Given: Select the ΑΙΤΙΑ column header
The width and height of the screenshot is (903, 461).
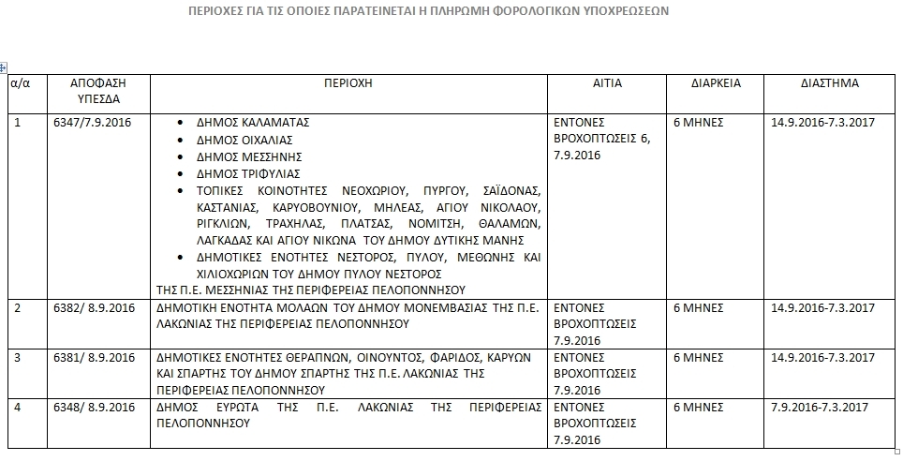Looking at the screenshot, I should tap(607, 83).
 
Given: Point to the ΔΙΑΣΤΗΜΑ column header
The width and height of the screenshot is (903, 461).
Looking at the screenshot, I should tap(829, 83).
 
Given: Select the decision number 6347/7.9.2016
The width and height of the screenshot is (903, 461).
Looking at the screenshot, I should tap(95, 123).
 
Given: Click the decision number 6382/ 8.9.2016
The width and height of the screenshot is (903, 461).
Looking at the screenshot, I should tap(96, 308).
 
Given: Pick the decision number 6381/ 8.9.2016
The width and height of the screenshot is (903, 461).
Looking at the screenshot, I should tap(96, 358).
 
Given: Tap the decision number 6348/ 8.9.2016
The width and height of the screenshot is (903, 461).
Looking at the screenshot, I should tap(96, 408).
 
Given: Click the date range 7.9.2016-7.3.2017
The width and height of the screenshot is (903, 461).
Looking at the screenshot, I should tap(821, 408).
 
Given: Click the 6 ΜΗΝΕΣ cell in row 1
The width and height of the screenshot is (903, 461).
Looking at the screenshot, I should tap(700, 123).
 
